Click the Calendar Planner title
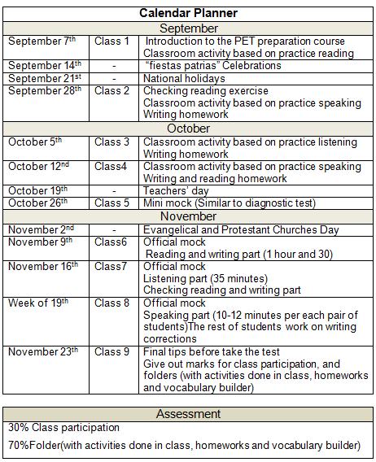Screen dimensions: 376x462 (x=189, y=13)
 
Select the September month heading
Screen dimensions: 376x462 (x=189, y=28)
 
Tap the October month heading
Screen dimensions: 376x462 (x=189, y=129)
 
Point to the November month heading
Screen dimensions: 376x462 (x=189, y=216)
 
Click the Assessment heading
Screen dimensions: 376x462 (x=189, y=414)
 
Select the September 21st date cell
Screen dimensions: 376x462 (x=45, y=78)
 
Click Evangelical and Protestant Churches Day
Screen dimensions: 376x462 (x=241, y=229)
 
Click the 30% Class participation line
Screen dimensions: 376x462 (x=63, y=427)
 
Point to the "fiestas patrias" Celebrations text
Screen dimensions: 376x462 (x=212, y=65)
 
